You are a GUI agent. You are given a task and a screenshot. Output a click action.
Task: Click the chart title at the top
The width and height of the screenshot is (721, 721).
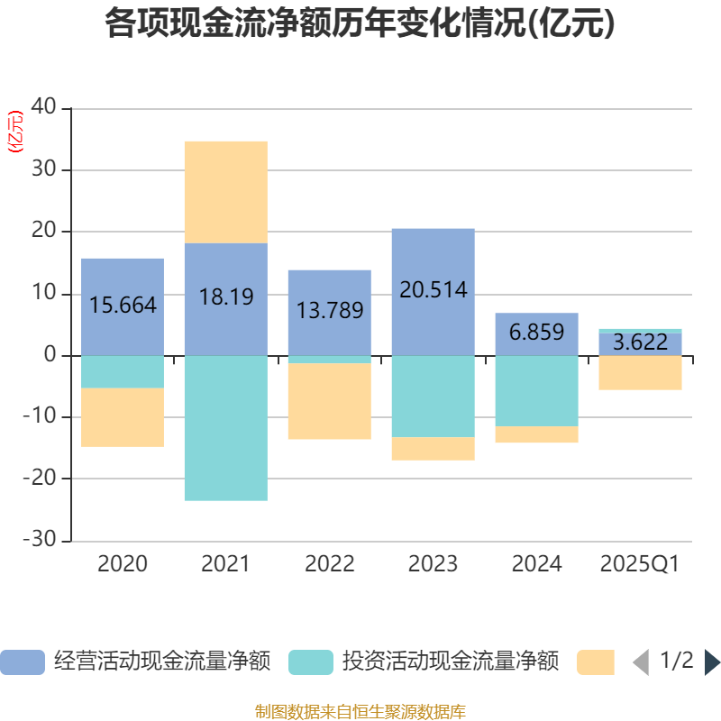360,24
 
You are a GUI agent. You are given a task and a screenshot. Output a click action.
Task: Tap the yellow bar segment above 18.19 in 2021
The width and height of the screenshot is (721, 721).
226,191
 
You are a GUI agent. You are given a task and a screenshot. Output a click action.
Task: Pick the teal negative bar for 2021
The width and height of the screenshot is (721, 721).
226,428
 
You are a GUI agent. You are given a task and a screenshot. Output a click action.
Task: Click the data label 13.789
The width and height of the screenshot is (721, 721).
330,311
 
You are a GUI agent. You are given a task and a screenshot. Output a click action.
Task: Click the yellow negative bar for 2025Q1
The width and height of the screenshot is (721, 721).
640,373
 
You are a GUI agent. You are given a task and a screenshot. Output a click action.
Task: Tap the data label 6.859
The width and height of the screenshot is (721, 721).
536,332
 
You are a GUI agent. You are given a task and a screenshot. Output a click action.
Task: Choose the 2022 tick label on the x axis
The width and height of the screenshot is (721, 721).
330,564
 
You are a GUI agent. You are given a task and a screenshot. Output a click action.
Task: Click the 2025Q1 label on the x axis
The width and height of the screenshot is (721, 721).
640,564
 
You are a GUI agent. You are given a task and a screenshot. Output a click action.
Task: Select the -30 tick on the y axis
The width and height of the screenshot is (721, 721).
41,541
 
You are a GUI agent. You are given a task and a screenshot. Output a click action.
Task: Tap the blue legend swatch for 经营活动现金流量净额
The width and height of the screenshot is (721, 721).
23,662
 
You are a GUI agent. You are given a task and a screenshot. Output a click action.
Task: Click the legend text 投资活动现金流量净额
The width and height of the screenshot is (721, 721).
450,662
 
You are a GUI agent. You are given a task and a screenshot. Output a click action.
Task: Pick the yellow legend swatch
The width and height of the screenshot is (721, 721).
595,662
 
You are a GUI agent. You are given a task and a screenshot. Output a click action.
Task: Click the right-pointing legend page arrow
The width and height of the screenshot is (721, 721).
712,662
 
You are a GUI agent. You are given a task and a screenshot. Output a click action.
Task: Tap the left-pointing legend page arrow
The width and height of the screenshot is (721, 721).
641,662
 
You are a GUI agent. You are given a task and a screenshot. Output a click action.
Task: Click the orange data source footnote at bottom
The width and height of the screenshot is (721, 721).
360,711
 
